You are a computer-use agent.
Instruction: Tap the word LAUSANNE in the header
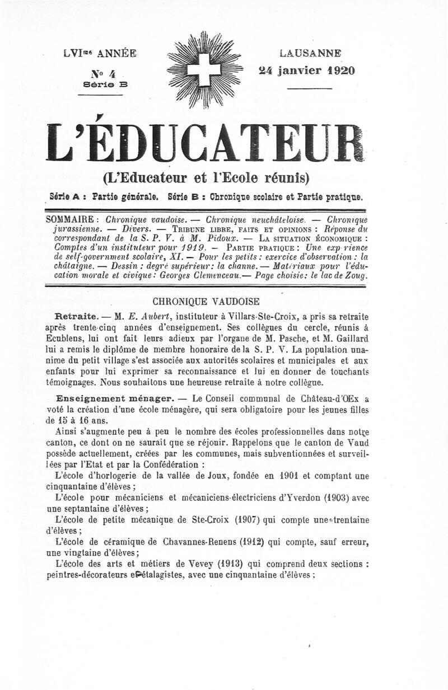(310, 54)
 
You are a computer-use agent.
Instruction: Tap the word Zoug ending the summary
(356, 276)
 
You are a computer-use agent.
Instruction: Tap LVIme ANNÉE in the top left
(100, 54)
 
